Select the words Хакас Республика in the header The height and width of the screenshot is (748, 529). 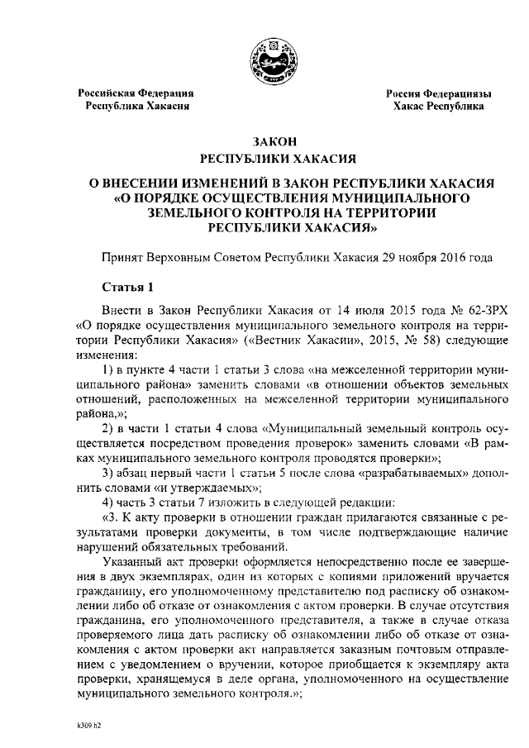coord(439,107)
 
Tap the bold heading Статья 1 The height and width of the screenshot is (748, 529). coord(127,288)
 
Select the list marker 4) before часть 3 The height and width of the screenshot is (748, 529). coord(107,503)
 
